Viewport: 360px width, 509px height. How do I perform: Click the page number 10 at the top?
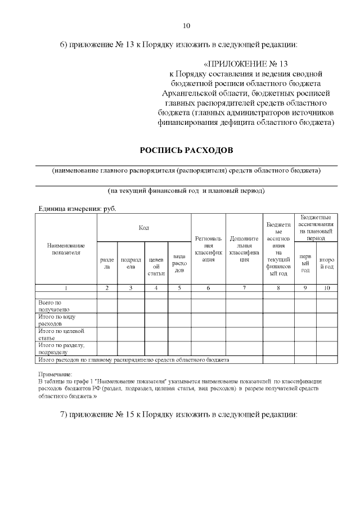pyautogui.click(x=187, y=25)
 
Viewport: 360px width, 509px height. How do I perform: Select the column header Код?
pyautogui.click(x=144, y=227)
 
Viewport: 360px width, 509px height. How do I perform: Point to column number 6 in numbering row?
pyautogui.click(x=208, y=288)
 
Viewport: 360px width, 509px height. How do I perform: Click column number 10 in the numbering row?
pyautogui.click(x=326, y=288)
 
